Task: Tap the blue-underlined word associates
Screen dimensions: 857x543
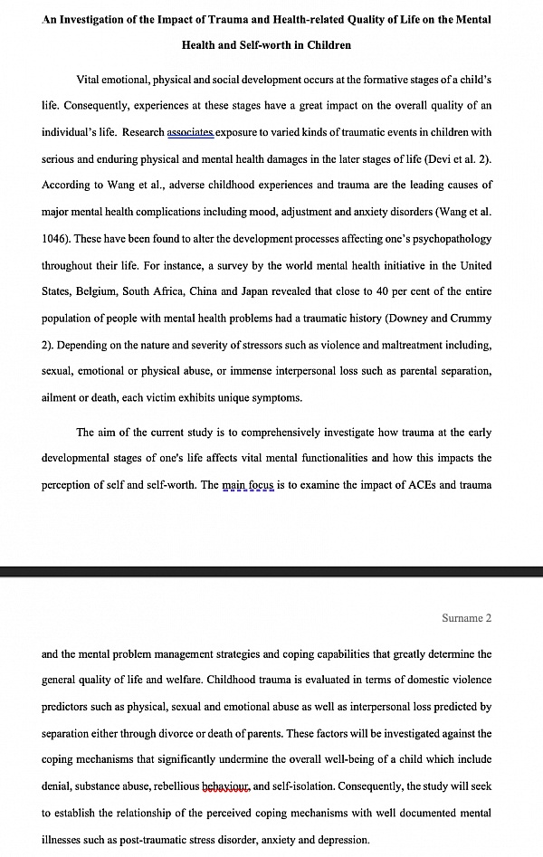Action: [190, 132]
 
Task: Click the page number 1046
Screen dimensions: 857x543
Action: [57, 239]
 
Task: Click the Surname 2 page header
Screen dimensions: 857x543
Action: [466, 618]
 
